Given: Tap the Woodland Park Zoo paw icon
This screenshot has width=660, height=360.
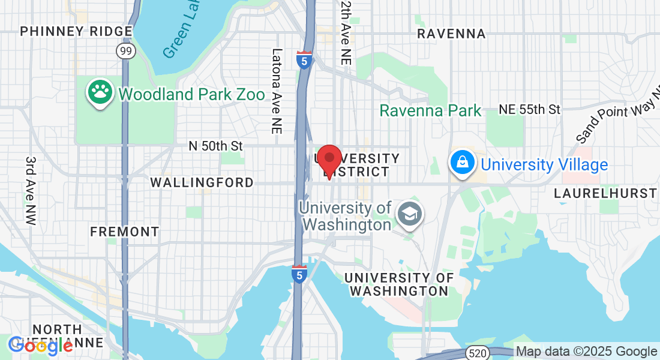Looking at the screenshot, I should click(100, 92).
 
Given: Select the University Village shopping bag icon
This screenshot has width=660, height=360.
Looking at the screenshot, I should click(463, 163).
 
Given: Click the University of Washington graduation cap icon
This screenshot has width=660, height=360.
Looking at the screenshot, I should click(410, 213).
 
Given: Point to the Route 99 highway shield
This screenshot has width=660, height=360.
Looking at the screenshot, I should click(126, 51).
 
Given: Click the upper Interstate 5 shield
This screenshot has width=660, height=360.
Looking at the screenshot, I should click(304, 61).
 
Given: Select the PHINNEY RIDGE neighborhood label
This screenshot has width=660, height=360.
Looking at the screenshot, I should click(76, 31).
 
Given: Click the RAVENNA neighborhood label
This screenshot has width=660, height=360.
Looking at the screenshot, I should click(451, 34).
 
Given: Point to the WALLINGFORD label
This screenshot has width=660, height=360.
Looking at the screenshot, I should click(202, 182).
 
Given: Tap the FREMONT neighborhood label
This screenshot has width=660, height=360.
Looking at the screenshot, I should click(125, 232).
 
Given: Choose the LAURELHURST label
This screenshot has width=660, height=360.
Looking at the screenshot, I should click(605, 193).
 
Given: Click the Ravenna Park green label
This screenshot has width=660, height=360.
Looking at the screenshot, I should click(430, 110).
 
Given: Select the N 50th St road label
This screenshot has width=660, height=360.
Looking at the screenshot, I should click(215, 146).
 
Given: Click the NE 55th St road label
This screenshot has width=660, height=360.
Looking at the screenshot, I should click(530, 109).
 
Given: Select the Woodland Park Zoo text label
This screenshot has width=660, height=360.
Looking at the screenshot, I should click(191, 94).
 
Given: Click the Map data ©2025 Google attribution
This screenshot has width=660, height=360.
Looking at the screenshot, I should click(587, 352).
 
